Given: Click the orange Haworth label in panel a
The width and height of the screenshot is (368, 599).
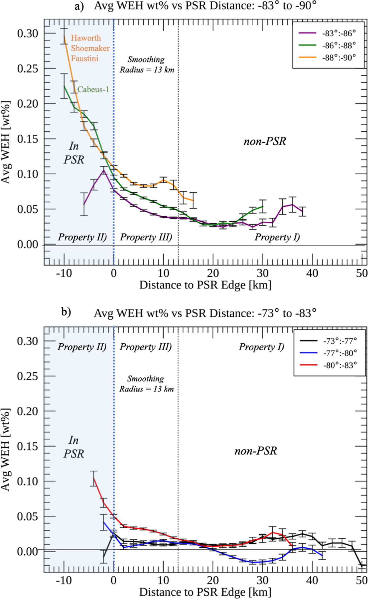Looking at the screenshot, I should pos(86,38).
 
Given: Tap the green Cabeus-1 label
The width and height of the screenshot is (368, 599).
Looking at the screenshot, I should pos(93,89).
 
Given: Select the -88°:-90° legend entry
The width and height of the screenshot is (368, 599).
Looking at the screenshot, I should pos(339,57).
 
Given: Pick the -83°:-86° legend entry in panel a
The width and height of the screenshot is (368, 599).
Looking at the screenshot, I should pos(339,33).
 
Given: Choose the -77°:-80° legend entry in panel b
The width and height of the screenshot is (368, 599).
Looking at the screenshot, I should pos(340,353).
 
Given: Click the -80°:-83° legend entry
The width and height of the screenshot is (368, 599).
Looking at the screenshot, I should pos(340,365).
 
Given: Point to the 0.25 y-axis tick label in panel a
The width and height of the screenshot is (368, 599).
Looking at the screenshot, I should pos(27,68).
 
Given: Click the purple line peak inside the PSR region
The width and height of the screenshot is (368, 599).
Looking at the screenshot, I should pos(103,170).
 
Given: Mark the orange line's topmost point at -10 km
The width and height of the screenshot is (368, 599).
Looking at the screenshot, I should pos(64,36).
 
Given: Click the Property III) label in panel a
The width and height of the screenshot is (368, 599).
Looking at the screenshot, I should pos(146,237).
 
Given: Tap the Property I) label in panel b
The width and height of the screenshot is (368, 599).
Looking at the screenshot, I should pos(261,347).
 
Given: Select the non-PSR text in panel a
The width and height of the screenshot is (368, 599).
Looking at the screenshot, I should pos(265,141).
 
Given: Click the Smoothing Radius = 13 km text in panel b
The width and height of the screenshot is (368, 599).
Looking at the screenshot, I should pos(146,384).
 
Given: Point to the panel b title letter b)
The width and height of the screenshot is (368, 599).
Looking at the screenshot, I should pos(66,312).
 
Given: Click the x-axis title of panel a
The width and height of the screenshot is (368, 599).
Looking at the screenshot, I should pos(205,285).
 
